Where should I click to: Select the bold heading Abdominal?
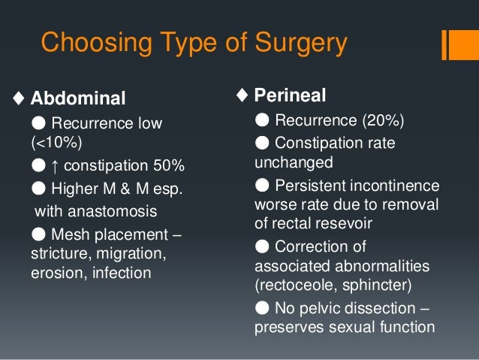point(78,98)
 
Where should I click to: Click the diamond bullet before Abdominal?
point(18,98)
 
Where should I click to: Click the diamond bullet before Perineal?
point(242,95)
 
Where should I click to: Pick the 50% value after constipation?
point(167,165)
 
